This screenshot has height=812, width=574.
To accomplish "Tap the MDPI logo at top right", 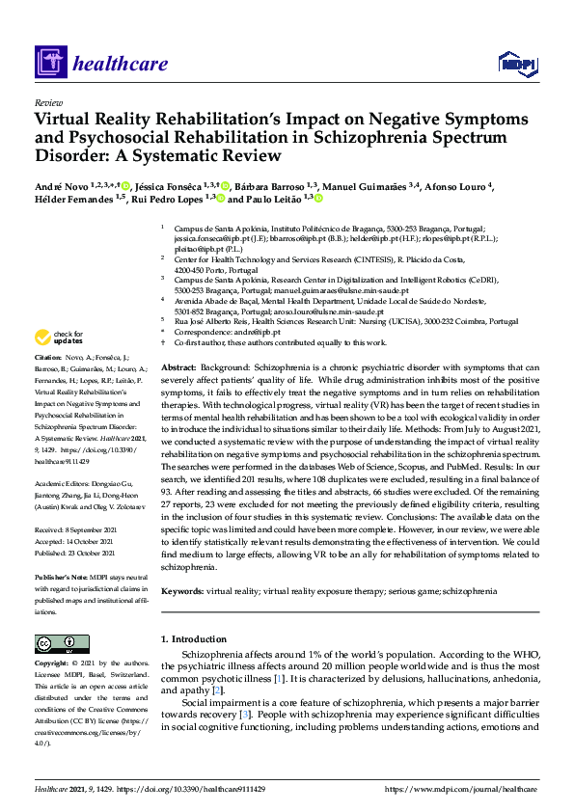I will pos(517,64).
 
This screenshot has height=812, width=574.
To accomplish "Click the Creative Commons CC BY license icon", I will pos(56,643).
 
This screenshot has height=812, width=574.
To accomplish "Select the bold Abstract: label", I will pos(178,368).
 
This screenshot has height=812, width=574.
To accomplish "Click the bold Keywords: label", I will pos(182,589).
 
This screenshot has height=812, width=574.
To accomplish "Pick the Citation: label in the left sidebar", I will pos(48,383).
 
